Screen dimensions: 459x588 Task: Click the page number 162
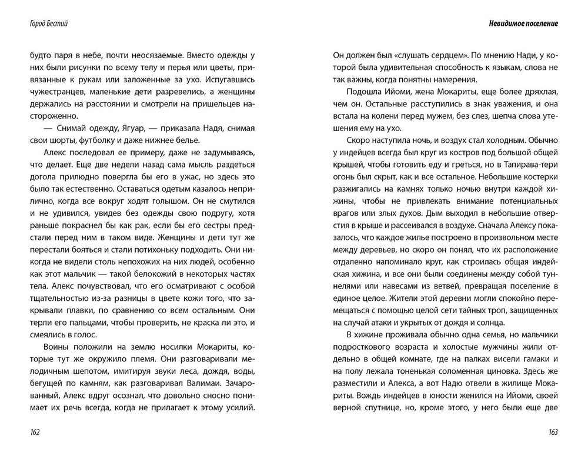[x=34, y=433]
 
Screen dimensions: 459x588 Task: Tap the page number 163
[x=552, y=433]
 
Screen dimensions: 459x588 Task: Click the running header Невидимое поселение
[x=523, y=24]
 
